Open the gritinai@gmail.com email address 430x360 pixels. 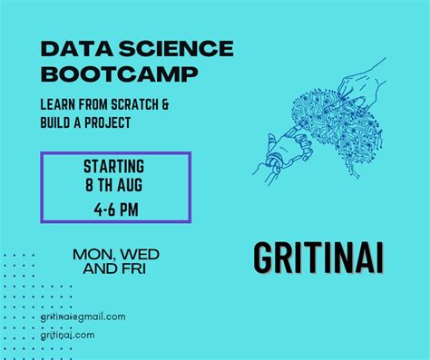pyautogui.click(x=83, y=316)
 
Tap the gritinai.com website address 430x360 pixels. pyautogui.click(x=68, y=335)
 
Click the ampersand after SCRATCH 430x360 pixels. pyautogui.click(x=167, y=103)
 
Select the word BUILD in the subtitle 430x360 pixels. pyautogui.click(x=58, y=122)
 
